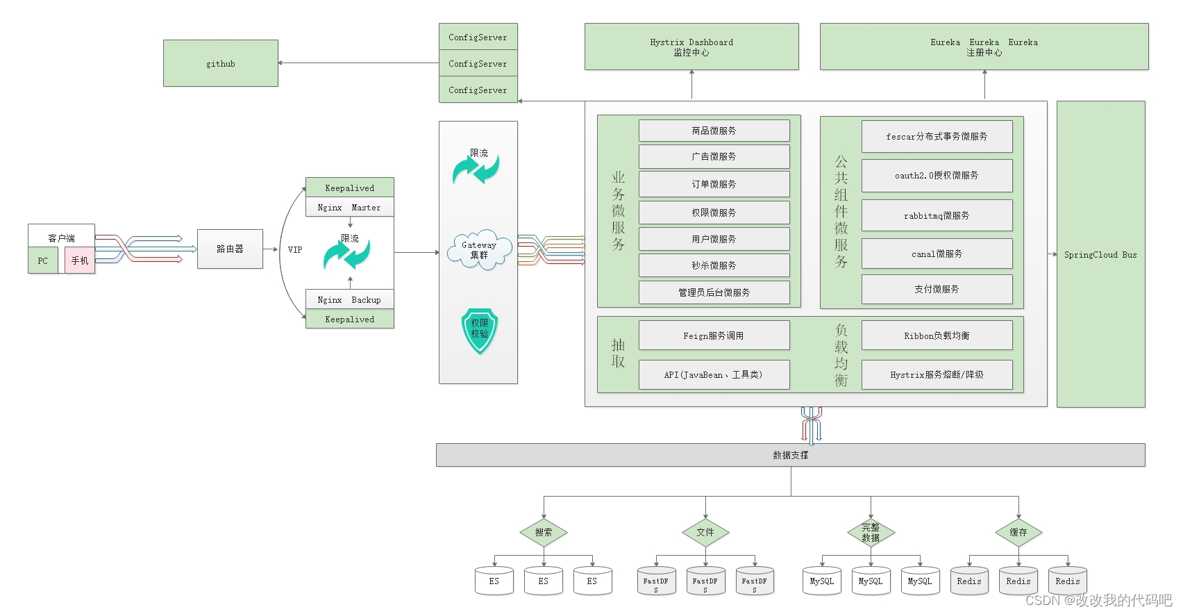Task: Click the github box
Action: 221,63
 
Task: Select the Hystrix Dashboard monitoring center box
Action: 691,47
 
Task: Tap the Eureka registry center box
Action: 984,47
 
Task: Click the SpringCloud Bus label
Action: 1100,255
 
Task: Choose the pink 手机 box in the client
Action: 80,261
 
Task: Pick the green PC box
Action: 43,261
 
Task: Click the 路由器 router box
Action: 230,249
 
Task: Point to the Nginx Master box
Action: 349,208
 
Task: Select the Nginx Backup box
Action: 349,300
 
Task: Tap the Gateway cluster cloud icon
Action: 479,250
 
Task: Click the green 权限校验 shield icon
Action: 480,331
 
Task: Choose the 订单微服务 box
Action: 714,184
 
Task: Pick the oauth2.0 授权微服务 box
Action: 937,176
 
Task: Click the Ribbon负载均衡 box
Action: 937,335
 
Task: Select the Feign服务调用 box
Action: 714,335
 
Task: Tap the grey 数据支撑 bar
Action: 790,455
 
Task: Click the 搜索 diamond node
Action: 544,533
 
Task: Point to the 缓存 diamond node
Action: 1018,533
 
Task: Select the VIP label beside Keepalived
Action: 295,250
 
